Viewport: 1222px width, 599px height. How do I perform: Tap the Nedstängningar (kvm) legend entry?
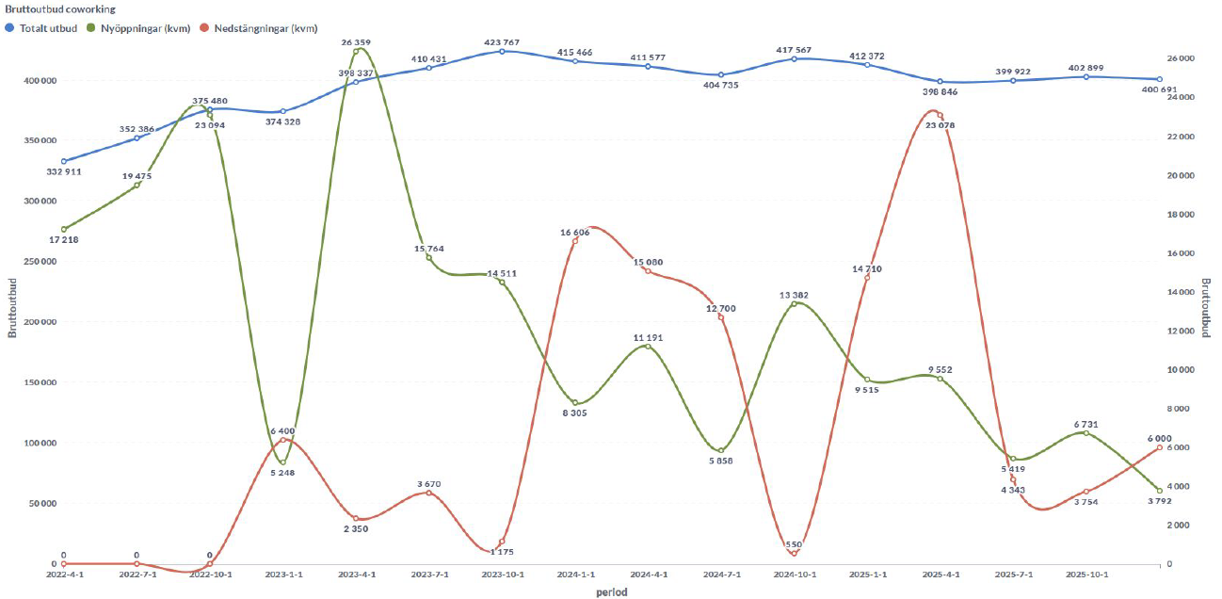[265, 27]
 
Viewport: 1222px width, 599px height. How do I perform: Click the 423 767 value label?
[502, 41]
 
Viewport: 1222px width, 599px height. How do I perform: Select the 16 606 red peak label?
[575, 232]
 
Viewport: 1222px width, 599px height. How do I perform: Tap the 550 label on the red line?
[795, 544]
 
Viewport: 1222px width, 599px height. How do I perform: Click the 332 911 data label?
[63, 172]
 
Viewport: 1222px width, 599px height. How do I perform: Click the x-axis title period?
[611, 592]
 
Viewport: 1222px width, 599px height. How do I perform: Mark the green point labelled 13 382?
[795, 303]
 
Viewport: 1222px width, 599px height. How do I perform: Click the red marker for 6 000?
[1159, 447]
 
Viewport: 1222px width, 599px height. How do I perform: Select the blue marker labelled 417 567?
[795, 58]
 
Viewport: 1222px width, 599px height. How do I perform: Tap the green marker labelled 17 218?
[64, 229]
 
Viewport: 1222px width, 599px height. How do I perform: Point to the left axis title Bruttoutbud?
[11, 308]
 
